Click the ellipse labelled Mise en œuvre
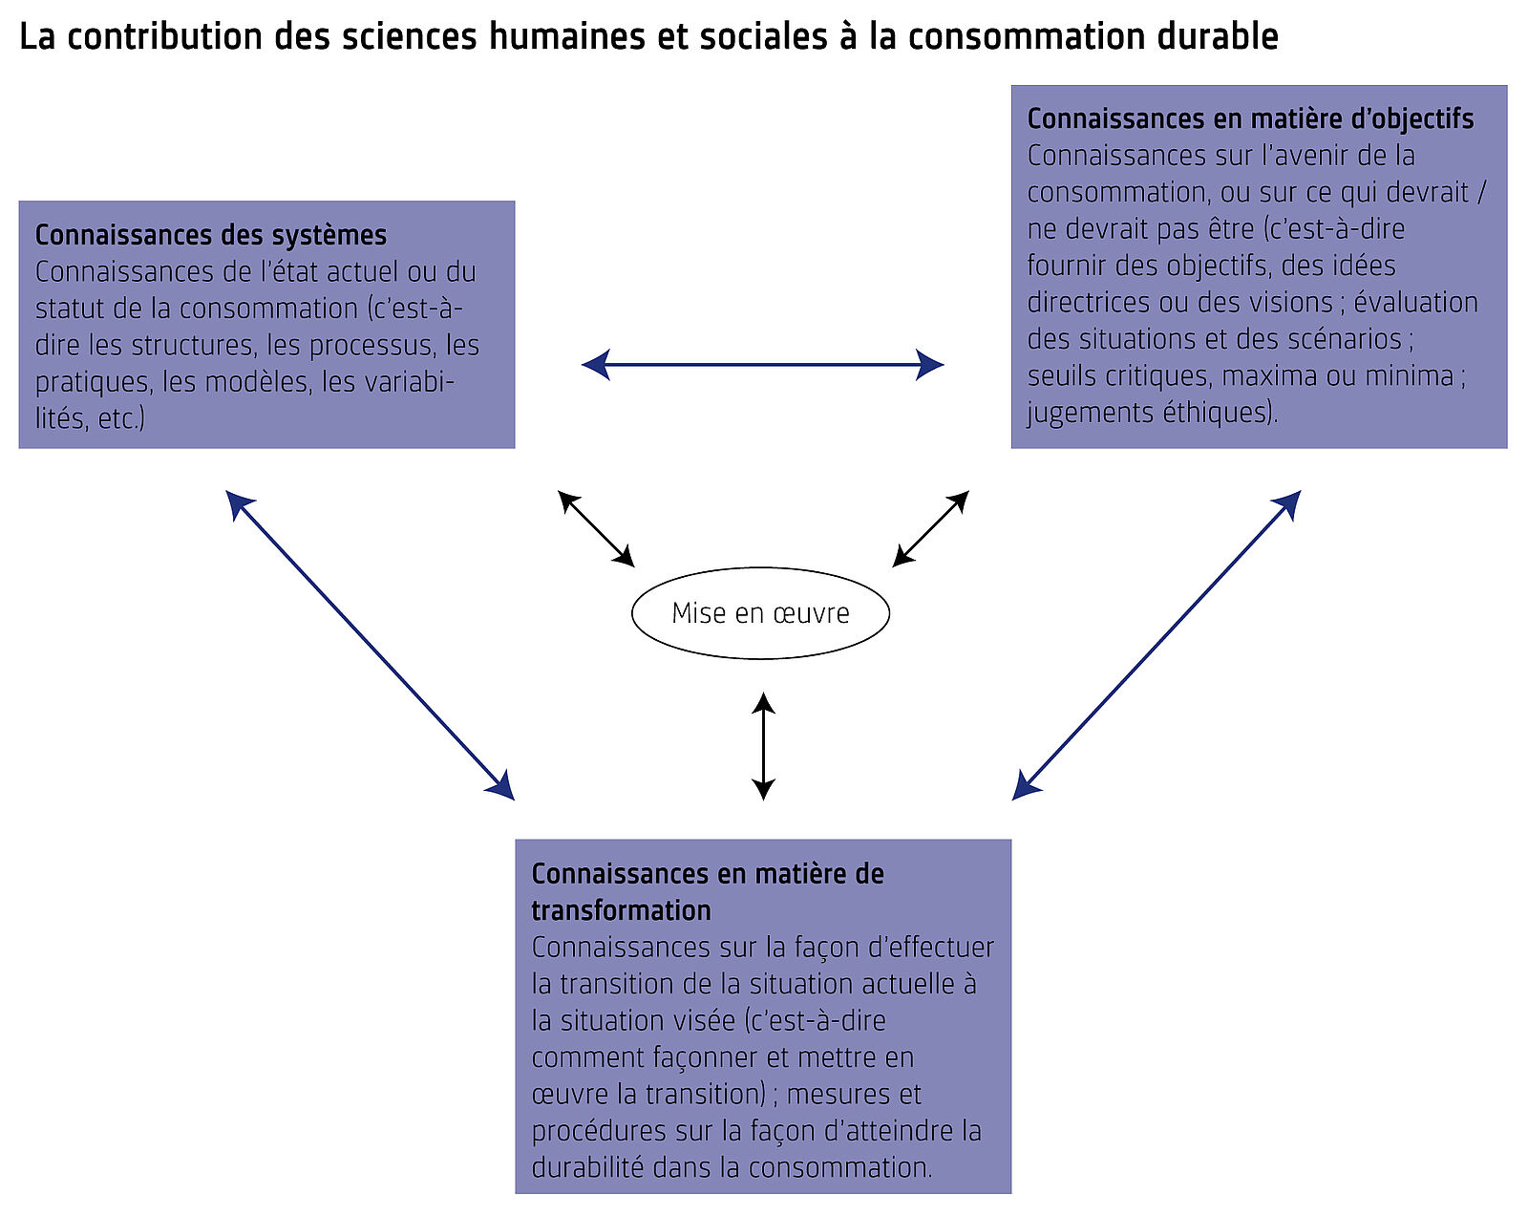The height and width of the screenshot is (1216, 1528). pos(760,613)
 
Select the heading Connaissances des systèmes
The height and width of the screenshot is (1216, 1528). pos(211,235)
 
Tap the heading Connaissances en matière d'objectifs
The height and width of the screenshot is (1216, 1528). pos(1250,118)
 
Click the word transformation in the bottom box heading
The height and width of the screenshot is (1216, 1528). pos(621,910)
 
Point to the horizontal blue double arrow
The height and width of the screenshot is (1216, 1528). pos(762,364)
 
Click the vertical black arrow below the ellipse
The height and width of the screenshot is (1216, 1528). pos(763,746)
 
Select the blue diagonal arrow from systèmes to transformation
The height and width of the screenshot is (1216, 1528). pos(371,645)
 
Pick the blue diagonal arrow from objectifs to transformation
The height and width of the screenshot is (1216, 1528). pos(1157,645)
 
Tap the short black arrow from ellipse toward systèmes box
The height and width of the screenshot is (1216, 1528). pos(596,528)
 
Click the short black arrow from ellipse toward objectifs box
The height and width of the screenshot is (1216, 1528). pos(931,528)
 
